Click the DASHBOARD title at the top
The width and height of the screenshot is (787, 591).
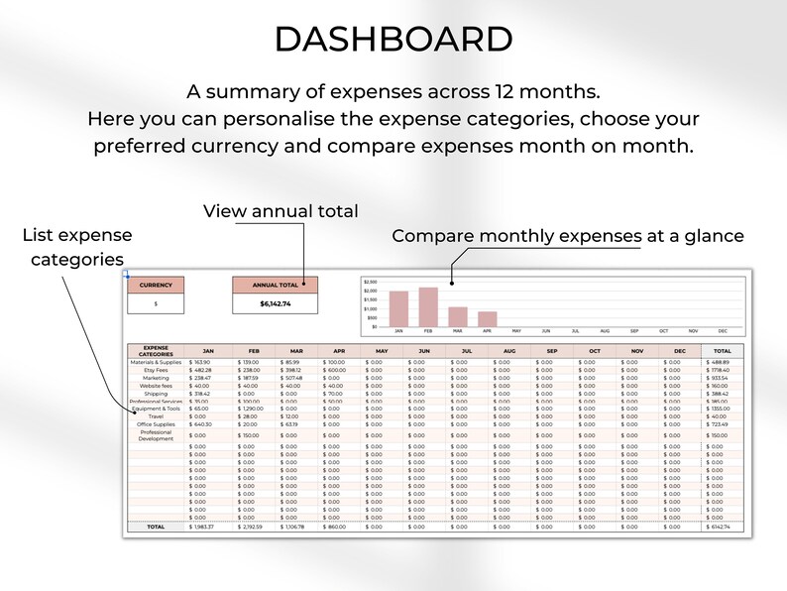click(x=393, y=40)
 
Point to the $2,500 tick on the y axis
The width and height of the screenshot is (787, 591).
click(x=371, y=282)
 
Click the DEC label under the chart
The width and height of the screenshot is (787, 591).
click(x=723, y=331)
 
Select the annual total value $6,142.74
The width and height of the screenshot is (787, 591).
click(x=276, y=303)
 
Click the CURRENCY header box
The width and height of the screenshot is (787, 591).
click(x=156, y=285)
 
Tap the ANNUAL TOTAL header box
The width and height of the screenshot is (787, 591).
click(x=276, y=285)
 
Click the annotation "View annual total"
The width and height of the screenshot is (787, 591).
click(x=281, y=211)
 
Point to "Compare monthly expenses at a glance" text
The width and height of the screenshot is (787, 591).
click(x=568, y=236)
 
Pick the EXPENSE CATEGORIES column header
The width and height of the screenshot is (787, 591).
click(x=156, y=351)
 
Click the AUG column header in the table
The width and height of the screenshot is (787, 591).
click(x=508, y=351)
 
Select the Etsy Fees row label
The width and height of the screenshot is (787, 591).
click(x=156, y=370)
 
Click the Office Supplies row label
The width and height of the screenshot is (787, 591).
click(x=156, y=424)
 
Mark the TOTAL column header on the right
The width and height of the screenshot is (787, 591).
click(x=722, y=351)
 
